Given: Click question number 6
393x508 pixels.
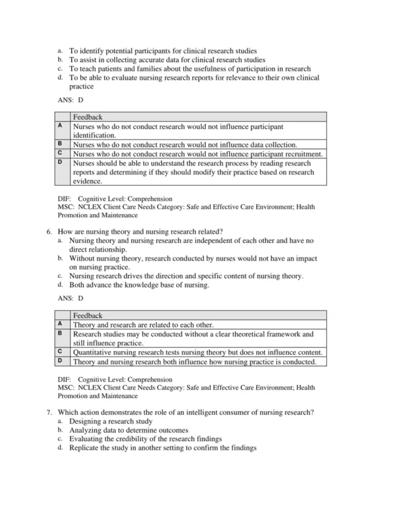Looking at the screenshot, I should point(50,231).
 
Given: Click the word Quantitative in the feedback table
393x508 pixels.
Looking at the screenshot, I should point(96,352).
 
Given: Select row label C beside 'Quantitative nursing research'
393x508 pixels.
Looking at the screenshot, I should point(60,352).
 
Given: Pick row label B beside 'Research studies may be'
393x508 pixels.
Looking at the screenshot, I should point(60,333).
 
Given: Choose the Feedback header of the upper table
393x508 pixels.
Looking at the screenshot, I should point(88,117).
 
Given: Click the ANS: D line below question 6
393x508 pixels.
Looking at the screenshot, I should point(71,298).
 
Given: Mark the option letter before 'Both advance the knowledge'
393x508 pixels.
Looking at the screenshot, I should point(60,285).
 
